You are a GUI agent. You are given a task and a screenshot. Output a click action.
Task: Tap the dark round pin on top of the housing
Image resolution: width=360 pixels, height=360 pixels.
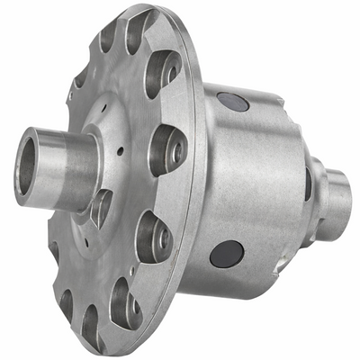click(x=233, y=102)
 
